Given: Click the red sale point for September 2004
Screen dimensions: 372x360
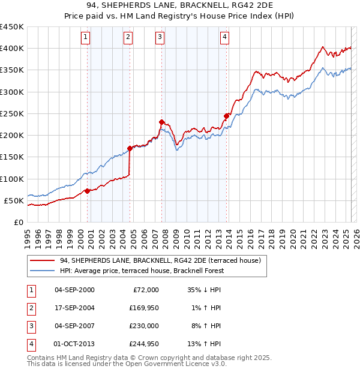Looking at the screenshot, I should [x=130, y=148].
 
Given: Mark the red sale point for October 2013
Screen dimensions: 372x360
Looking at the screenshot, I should [x=226, y=116].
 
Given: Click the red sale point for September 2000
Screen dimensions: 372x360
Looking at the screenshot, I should [x=88, y=191].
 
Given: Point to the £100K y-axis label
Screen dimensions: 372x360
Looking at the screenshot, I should [x=12, y=179].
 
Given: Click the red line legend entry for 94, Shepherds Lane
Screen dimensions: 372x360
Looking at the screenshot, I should [x=160, y=261].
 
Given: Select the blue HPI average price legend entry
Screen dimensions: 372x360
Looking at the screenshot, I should [x=142, y=271].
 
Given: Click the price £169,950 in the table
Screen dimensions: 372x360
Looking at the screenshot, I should [x=143, y=307].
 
